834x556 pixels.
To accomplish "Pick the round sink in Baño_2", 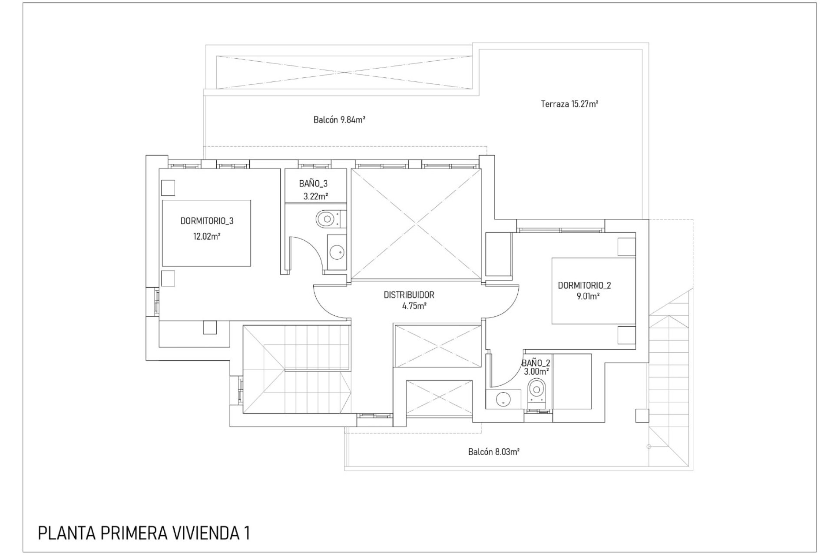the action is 503,398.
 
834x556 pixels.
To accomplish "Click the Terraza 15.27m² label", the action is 569,104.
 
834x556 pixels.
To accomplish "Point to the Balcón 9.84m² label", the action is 339,119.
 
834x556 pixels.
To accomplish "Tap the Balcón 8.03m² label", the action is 494,452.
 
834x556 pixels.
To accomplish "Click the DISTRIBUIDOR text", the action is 409,295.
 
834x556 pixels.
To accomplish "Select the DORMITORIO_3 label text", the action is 207,221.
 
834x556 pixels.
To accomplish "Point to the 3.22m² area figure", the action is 315,196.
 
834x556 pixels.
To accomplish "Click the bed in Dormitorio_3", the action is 206,233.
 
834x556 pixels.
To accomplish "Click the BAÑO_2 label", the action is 536,363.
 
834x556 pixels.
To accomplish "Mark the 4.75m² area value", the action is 414,306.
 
